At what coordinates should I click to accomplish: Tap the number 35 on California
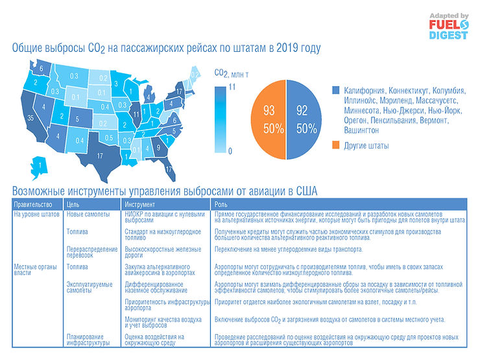pos(31,119)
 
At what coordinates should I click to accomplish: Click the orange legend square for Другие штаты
pos(335,145)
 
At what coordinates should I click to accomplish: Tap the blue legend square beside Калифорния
pos(335,90)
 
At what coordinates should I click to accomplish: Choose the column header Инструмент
pos(141,204)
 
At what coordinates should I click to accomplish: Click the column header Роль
pos(221,204)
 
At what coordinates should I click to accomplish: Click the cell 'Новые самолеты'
pos(88,213)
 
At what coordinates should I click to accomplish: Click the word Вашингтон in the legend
pos(354,130)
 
